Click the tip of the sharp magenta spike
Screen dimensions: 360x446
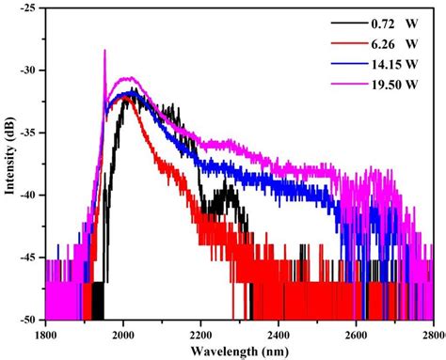click(104, 50)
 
